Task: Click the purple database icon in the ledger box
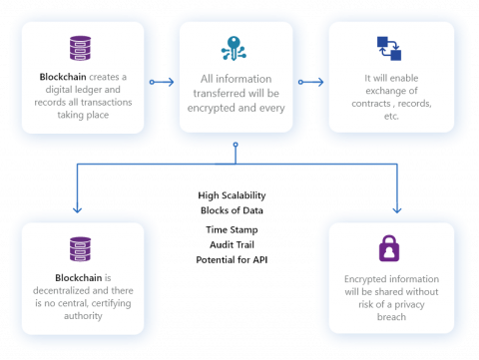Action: [80, 47]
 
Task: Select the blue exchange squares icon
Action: [389, 47]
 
